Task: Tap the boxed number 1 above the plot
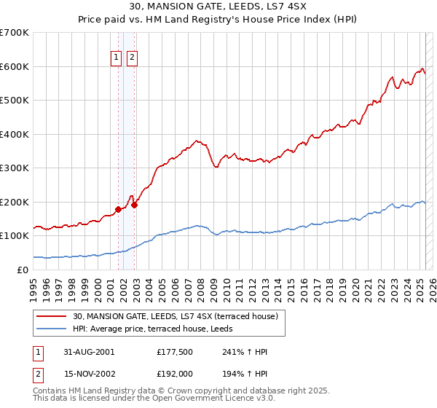[x=117, y=59]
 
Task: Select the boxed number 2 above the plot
[x=132, y=59]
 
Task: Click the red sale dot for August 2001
[x=119, y=210]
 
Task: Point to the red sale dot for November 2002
[x=135, y=205]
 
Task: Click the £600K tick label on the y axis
[x=15, y=66]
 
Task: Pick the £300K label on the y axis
[x=15, y=168]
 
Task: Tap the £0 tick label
[x=23, y=270]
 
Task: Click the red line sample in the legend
[x=52, y=317]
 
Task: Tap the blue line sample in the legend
[x=52, y=329]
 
